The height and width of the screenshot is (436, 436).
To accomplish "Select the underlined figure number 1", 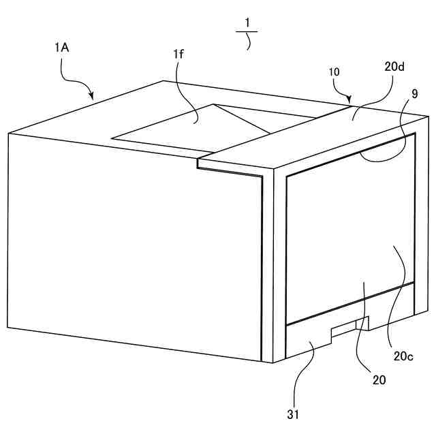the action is click(x=247, y=22).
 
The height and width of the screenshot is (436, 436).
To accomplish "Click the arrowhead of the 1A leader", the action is click(x=92, y=98).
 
